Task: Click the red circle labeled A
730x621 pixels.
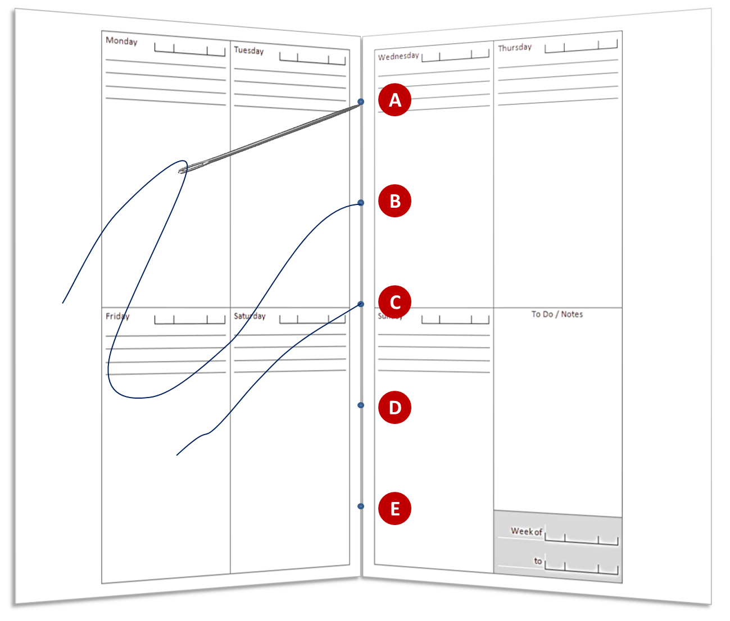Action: point(395,100)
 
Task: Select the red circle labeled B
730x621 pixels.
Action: point(395,201)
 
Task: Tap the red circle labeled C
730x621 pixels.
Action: point(395,302)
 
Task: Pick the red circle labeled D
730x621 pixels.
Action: point(395,407)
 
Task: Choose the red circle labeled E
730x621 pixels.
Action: point(395,508)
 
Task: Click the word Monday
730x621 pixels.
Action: point(121,41)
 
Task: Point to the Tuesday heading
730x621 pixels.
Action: point(248,51)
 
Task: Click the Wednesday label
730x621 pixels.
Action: point(398,56)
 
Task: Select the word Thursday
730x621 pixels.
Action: point(515,48)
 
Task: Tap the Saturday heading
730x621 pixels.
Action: point(250,316)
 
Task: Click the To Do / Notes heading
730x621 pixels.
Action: point(557,314)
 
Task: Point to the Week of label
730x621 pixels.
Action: point(527,531)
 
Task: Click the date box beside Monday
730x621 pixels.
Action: point(190,49)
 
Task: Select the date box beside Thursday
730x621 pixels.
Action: point(581,45)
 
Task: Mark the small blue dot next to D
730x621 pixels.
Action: point(361,405)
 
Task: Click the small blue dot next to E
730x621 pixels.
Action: point(361,506)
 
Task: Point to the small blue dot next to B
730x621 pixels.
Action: point(361,203)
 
